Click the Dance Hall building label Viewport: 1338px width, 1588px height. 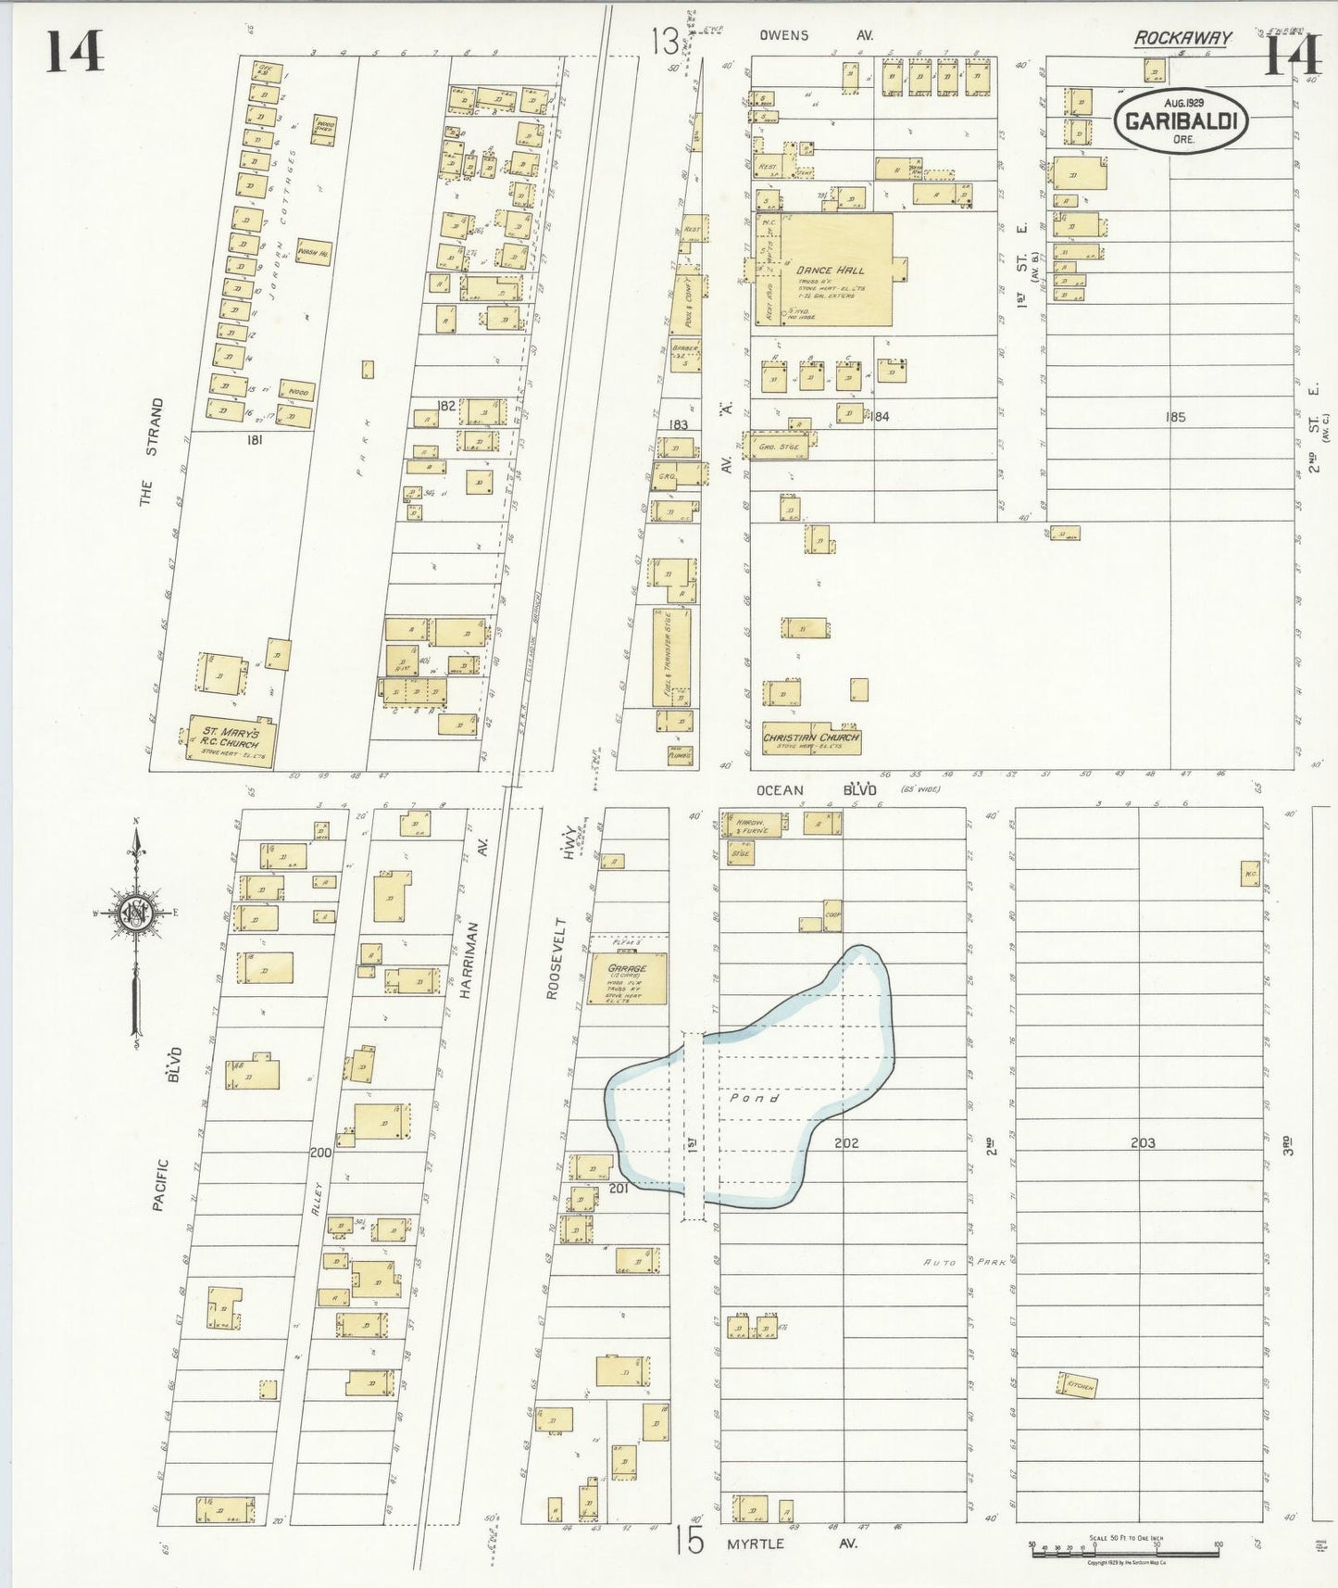click(x=831, y=271)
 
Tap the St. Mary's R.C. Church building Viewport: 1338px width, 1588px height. click(x=231, y=737)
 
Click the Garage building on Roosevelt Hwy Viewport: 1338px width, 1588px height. click(x=628, y=977)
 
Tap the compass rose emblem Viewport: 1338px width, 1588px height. click(x=136, y=913)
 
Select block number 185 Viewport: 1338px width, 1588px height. click(x=1176, y=417)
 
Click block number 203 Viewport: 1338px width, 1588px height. click(x=1143, y=1143)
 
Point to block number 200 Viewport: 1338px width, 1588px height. click(x=320, y=1153)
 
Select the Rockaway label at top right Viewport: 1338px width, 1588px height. click(x=1183, y=38)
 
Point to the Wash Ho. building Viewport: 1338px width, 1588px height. click(x=313, y=251)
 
